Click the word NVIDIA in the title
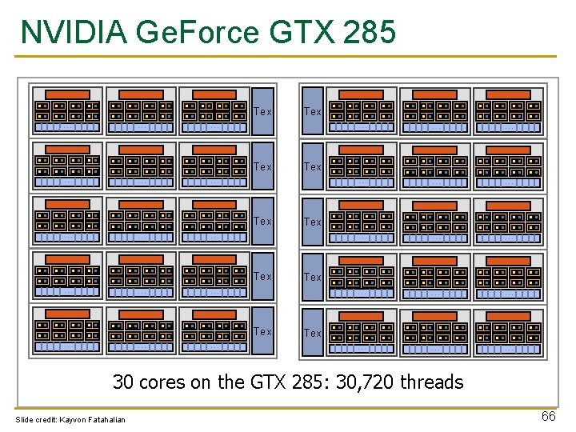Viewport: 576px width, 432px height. (74, 32)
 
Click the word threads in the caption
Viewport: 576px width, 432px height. (431, 382)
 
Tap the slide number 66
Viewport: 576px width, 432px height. (548, 416)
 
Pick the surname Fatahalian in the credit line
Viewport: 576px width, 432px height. (106, 420)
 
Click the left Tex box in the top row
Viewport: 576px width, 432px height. (263, 111)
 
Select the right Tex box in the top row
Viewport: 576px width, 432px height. (313, 111)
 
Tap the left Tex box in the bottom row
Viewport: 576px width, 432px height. (263, 331)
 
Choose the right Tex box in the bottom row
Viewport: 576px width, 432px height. (313, 332)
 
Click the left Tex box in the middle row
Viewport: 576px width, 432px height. (263, 221)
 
